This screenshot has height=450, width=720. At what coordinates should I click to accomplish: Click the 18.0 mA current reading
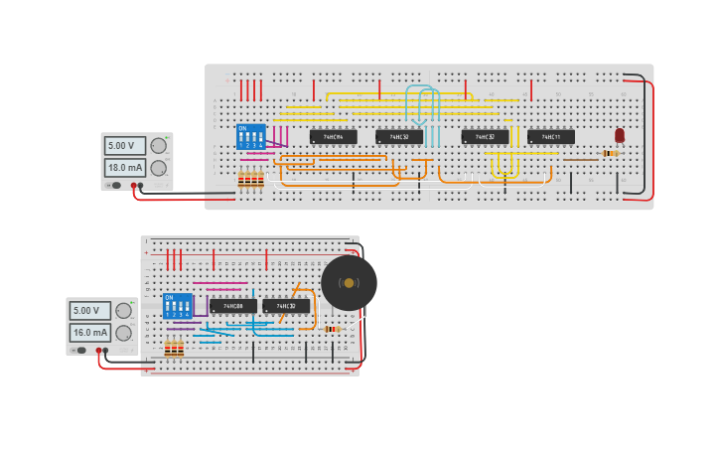[x=125, y=168]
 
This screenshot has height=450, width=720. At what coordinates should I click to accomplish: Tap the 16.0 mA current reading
[x=90, y=332]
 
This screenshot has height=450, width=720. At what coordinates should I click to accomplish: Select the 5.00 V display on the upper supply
[x=125, y=146]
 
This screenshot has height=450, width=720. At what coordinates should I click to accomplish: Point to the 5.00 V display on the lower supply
[x=90, y=310]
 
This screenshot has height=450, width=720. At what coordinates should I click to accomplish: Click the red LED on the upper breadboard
[x=620, y=135]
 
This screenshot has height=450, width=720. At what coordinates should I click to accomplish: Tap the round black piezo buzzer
[x=349, y=283]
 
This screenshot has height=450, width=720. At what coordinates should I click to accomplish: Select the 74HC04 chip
[x=333, y=137]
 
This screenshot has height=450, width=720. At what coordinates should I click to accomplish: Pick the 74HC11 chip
[x=550, y=137]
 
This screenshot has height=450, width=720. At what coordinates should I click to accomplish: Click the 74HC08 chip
[x=233, y=306]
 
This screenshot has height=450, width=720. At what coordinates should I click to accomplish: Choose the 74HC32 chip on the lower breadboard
[x=286, y=306]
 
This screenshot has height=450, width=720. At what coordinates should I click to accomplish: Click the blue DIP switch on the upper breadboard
[x=250, y=136]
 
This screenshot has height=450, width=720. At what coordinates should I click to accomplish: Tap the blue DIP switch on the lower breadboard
[x=177, y=305]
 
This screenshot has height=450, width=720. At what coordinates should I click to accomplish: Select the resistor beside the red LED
[x=610, y=153]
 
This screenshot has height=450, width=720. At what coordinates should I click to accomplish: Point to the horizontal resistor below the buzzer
[x=332, y=329]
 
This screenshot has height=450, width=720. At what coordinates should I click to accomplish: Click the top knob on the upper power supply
[x=159, y=146]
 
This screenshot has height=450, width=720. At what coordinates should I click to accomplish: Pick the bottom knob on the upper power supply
[x=159, y=167]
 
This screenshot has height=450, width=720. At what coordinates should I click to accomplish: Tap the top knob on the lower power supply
[x=124, y=310]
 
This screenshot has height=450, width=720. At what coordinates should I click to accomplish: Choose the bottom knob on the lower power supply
[x=124, y=332]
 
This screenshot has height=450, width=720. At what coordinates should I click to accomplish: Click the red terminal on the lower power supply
[x=98, y=350]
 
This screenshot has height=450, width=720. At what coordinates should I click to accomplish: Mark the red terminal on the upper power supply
[x=133, y=186]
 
